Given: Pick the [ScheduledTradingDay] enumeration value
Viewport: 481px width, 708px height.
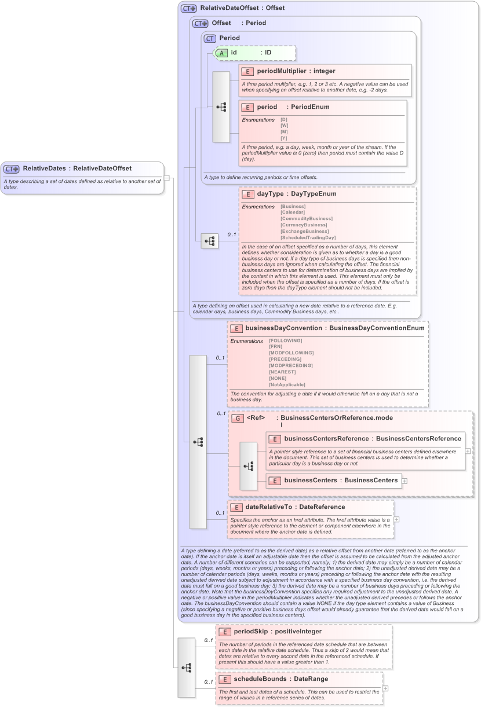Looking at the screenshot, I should pos(308,237).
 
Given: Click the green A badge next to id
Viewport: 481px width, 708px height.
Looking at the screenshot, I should pos(221,53).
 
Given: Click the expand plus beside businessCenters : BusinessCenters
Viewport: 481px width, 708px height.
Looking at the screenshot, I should pos(405,480).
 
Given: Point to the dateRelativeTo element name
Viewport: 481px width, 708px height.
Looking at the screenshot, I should pos(270,507).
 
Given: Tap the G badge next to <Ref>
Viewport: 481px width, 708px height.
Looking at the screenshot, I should pos(238,418).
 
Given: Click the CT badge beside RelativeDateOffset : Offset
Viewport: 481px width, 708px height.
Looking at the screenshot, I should pos(188,9).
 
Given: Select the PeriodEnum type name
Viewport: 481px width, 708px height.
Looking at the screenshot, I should pos(308,107).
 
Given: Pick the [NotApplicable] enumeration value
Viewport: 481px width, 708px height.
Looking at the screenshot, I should pos(287,384).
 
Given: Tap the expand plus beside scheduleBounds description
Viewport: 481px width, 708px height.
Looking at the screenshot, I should pos(385,689).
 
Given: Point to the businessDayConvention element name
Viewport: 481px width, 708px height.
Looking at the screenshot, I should pos(283,328).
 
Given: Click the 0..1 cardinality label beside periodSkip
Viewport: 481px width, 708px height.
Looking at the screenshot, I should pos(209,640).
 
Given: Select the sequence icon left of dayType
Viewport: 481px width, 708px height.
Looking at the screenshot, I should pos(209,240).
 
